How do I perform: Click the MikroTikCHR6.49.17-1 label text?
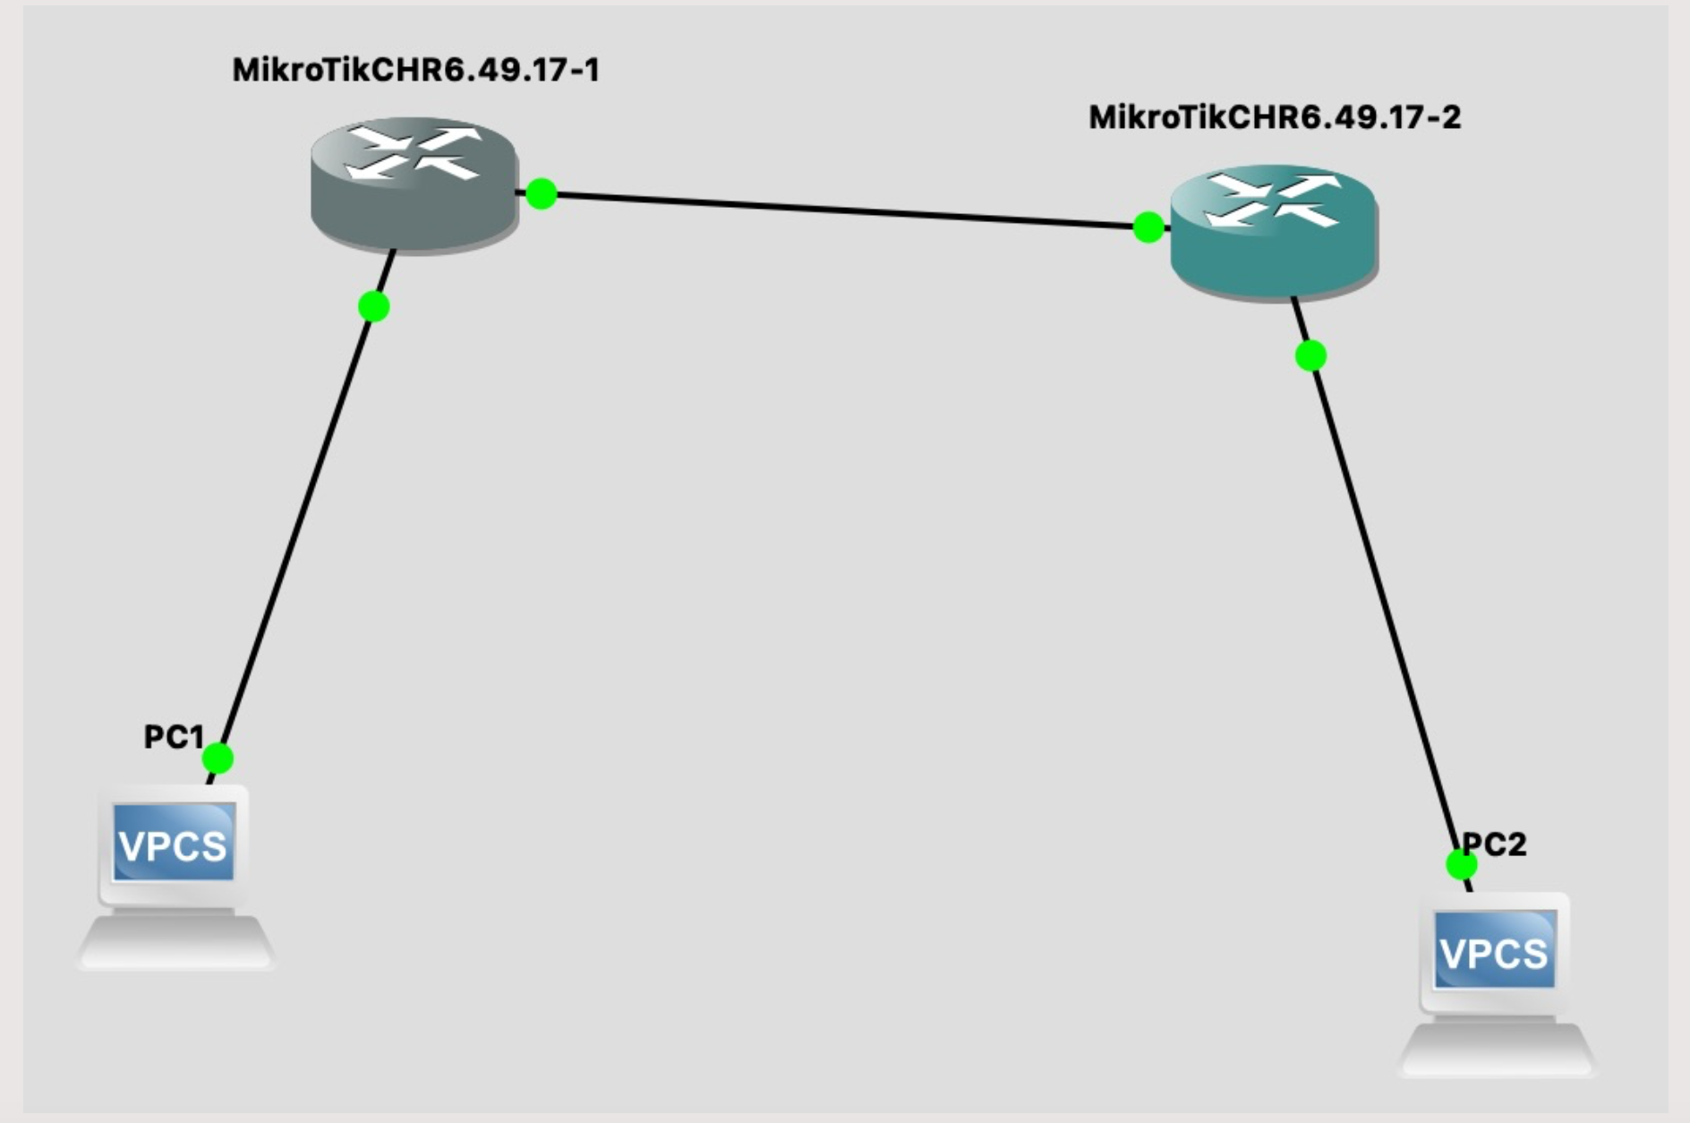[416, 70]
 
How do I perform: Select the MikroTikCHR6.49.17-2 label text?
[1275, 117]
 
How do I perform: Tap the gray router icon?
[414, 185]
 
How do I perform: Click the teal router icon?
[1274, 232]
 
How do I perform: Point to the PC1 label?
[175, 737]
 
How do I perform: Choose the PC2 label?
[1494, 844]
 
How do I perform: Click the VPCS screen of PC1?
[174, 843]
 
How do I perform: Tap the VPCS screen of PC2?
[1495, 950]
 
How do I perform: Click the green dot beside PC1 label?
[218, 759]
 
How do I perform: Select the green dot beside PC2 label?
[1462, 865]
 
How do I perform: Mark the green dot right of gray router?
[542, 193]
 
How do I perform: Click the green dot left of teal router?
[1148, 227]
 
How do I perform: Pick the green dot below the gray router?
[373, 306]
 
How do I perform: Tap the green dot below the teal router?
[1310, 356]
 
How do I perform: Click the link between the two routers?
[844, 210]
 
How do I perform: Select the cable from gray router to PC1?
[302, 518]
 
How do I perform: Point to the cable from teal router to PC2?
[1381, 594]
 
